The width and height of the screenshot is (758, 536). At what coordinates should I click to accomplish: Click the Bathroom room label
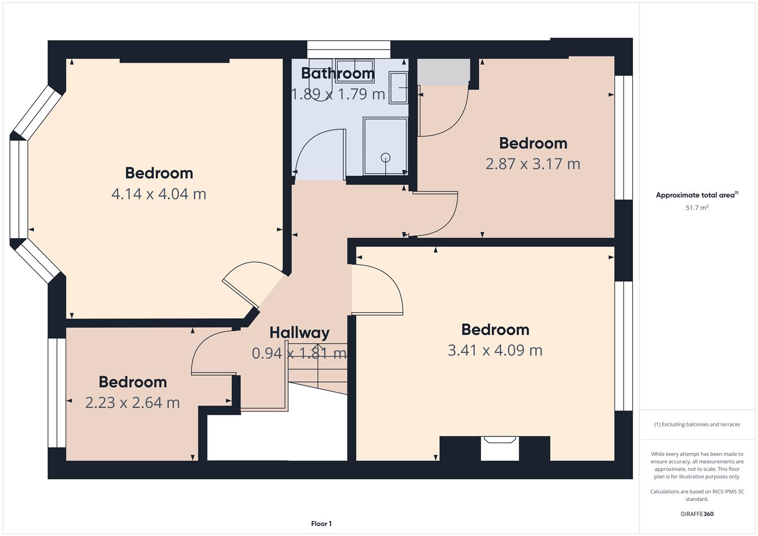pos(338,73)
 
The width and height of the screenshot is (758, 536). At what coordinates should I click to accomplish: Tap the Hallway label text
pos(299,333)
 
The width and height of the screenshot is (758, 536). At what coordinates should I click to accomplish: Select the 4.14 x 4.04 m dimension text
pos(159,194)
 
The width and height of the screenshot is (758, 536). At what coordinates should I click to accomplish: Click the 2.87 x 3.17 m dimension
pos(533,164)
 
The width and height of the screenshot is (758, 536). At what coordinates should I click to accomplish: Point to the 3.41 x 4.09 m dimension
pos(495,350)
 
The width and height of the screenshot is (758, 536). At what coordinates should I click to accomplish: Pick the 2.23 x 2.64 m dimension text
pos(133,402)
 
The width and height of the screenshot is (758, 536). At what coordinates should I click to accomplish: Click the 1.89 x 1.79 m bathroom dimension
pos(338,94)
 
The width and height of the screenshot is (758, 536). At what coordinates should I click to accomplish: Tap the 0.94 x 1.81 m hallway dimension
pos(299,353)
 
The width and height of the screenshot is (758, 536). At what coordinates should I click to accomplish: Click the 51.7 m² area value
pos(697,207)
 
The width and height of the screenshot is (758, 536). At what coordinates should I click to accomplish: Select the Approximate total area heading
pos(697,195)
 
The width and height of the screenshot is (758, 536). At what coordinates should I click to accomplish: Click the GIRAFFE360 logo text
pos(697,514)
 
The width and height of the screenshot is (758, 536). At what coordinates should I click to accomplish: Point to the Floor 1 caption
pos(321,524)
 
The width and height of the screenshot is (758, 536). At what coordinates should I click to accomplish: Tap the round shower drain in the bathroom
pos(385,158)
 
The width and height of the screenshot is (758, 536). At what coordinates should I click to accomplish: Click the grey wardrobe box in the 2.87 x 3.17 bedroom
pos(443,72)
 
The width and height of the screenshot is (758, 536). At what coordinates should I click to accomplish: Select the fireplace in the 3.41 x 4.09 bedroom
pos(500,448)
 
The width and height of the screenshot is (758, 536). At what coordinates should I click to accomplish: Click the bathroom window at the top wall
pos(348,50)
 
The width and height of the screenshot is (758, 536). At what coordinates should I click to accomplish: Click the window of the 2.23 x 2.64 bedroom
pos(57,393)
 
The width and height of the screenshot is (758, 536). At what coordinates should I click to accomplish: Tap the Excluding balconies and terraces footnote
pos(697,424)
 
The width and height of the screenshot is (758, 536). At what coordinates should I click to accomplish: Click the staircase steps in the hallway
pos(318,368)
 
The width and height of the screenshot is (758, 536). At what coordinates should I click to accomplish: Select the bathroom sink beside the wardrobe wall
pos(398,87)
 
